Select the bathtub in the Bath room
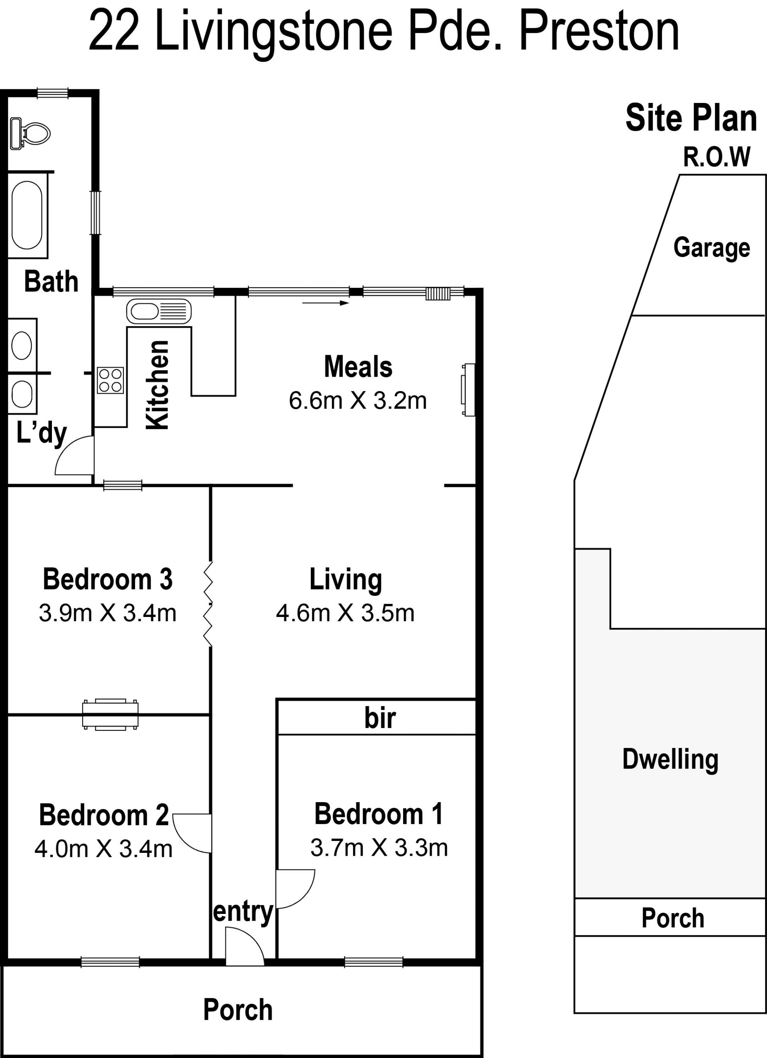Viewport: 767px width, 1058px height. pos(27,215)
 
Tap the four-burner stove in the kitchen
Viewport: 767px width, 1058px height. pos(111,380)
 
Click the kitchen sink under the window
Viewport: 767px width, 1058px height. pos(159,311)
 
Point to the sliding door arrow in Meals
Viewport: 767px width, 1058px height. pos(326,303)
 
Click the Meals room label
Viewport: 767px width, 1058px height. pos(358,367)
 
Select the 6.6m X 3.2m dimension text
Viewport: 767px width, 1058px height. pos(358,401)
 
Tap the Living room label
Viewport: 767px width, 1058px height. pos(346,580)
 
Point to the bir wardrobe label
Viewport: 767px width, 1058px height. pos(380,718)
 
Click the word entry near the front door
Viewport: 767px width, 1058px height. pos(243,912)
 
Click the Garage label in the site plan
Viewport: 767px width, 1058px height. pos(711,248)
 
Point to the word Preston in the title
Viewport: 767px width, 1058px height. pos(599,31)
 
